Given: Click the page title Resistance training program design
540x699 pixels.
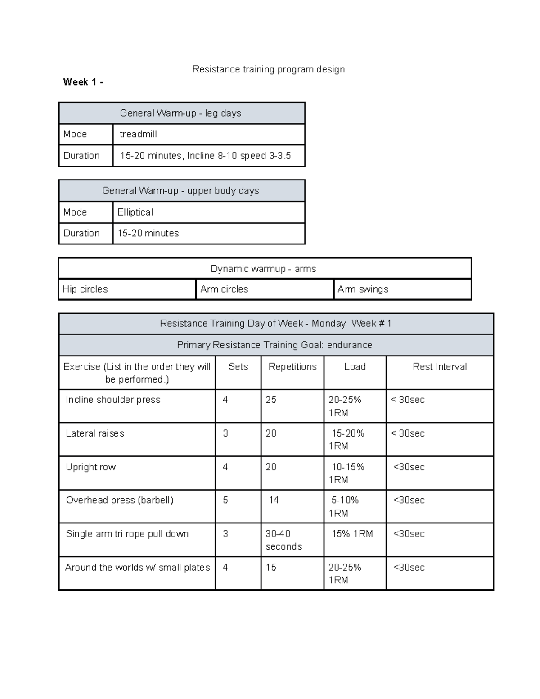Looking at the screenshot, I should click(x=268, y=69).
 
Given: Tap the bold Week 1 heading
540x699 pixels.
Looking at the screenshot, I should click(x=83, y=82).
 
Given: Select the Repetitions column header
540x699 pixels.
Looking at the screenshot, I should click(x=292, y=366).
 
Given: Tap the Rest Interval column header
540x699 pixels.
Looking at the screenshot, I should click(x=440, y=366).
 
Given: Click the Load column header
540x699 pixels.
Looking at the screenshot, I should click(x=355, y=366).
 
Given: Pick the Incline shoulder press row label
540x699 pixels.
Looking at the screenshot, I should click(x=113, y=400).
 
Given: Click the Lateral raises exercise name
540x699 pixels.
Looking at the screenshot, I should click(x=95, y=433).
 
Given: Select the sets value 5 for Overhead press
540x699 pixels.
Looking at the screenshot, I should click(x=225, y=500).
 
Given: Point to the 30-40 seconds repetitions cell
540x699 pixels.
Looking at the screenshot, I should click(x=283, y=540).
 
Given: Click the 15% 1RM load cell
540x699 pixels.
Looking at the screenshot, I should click(x=352, y=534).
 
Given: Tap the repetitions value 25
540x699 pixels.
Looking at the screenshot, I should click(x=271, y=400).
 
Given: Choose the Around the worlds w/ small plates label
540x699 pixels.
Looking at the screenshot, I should click(x=137, y=568).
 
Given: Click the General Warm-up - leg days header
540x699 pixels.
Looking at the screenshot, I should click(x=180, y=113).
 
